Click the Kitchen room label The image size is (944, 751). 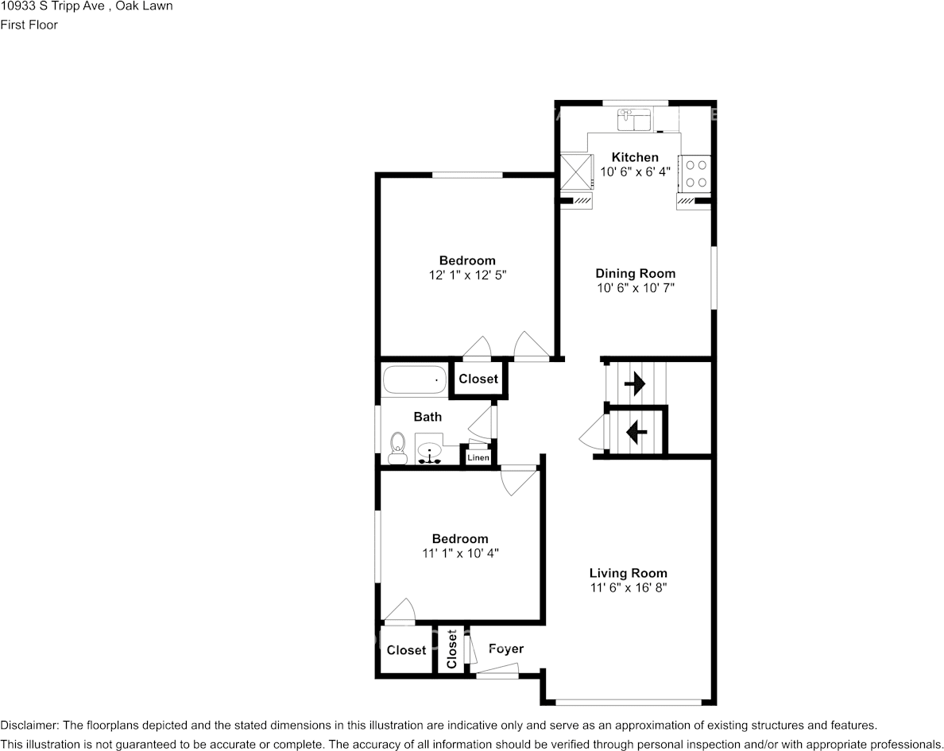pos(635,157)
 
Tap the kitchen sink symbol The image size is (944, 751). pos(634,121)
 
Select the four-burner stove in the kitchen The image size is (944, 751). pos(697,174)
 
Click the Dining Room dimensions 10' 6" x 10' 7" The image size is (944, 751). pos(636,288)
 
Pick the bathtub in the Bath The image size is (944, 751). pos(414,380)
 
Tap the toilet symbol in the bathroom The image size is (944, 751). pos(397,448)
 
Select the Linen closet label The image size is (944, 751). pos(478,458)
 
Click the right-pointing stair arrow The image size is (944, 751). pos(634,385)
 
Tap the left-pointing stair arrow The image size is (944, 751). pos(636,433)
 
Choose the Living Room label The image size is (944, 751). pos(628,573)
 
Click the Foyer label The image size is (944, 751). pos(506,649)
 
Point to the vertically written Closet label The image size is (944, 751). pos(451,650)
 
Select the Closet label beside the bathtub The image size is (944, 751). pos(478,379)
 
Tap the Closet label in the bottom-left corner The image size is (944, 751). pos(406,650)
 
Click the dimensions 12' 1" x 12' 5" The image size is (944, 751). pos(467,275)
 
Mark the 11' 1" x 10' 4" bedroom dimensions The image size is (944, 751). pos(460,553)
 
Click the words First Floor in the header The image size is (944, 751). pos(29,25)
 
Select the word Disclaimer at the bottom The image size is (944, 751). pos(29,726)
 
